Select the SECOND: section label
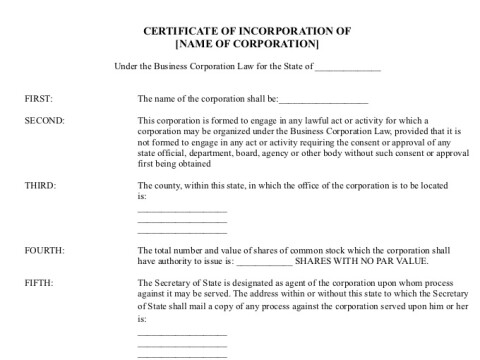pos(45,120)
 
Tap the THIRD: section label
pos(41,186)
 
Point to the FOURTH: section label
pos(45,248)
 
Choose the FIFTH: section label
pos(40,284)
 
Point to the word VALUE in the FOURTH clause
pos(409,260)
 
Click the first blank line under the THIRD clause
pos(181,208)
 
